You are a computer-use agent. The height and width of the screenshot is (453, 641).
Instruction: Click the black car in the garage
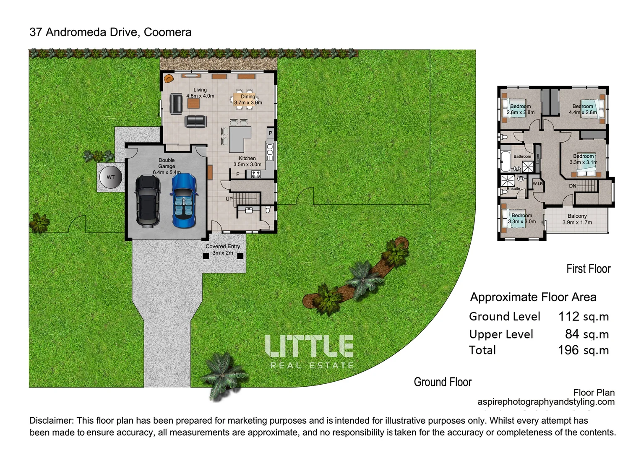point(147,201)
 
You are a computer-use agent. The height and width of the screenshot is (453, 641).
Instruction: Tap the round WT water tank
point(110,177)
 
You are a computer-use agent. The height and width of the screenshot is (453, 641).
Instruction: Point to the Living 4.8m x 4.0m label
point(200,93)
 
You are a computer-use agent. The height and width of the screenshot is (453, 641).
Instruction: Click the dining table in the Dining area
point(244,100)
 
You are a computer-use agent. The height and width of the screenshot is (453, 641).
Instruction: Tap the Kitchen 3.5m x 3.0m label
point(247,161)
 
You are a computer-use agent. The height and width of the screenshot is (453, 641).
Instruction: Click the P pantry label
point(271,133)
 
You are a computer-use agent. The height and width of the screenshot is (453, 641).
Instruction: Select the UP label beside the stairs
point(229,199)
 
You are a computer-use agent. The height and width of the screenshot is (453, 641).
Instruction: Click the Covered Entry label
point(223,250)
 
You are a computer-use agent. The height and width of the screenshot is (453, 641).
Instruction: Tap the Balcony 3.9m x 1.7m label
point(577,219)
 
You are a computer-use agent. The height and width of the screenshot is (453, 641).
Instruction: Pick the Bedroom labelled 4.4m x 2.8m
point(583,109)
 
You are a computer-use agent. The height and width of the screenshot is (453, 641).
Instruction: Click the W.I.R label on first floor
point(537,184)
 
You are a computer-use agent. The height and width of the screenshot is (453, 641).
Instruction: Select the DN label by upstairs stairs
point(573,186)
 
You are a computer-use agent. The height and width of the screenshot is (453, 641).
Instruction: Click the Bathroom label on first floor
point(522,156)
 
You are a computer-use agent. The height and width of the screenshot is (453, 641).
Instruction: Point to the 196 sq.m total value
point(583,350)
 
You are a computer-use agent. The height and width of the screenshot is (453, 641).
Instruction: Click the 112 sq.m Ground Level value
point(583,317)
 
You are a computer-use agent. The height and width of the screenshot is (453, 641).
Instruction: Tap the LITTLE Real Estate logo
point(309,351)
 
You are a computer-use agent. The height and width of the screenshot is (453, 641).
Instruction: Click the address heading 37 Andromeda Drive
point(110,32)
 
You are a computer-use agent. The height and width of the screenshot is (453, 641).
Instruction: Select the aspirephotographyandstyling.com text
point(546,402)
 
